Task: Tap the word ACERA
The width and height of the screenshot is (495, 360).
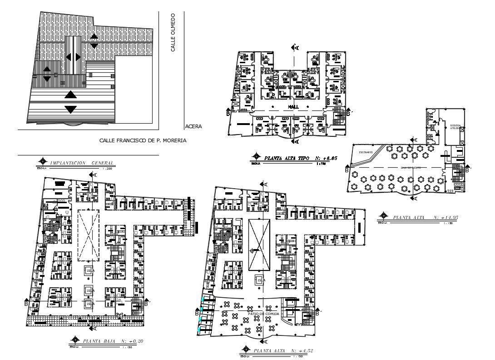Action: point(193,127)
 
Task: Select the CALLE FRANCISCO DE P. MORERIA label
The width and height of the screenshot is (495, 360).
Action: point(143,141)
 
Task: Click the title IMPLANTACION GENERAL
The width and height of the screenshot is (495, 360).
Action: point(82,162)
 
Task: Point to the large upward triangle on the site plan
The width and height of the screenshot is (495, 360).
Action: point(70,95)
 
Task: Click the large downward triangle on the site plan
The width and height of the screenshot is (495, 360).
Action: point(70,109)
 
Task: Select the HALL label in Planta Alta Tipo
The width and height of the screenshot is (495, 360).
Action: point(293,106)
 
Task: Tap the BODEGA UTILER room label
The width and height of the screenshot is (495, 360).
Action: point(455,127)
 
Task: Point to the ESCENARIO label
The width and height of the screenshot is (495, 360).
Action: point(366,152)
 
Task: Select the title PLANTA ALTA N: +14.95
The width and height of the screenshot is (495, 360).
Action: point(425,218)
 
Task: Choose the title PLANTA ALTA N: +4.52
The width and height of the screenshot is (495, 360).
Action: point(282,350)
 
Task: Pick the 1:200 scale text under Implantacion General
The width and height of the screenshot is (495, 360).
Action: point(108,168)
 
